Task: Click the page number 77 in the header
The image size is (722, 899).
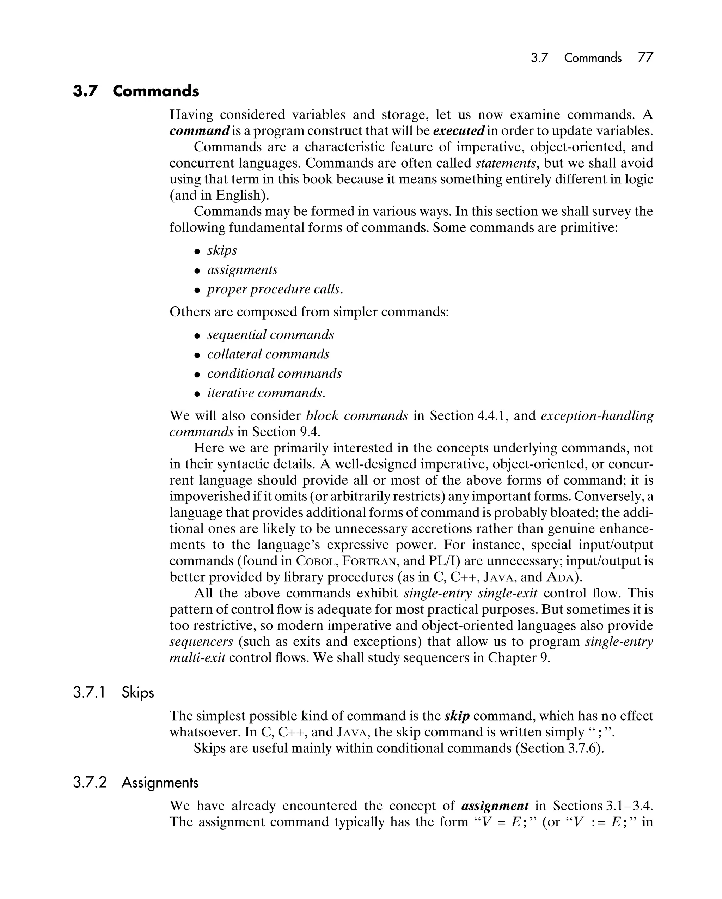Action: point(645,57)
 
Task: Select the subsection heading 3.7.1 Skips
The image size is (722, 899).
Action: point(114,693)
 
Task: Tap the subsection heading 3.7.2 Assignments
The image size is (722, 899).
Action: point(135,783)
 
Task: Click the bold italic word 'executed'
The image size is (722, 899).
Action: point(459,131)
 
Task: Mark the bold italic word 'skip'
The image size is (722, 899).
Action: point(457,716)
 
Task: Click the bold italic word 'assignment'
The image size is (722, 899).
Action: point(495,806)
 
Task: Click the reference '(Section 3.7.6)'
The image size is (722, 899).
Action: point(559,748)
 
